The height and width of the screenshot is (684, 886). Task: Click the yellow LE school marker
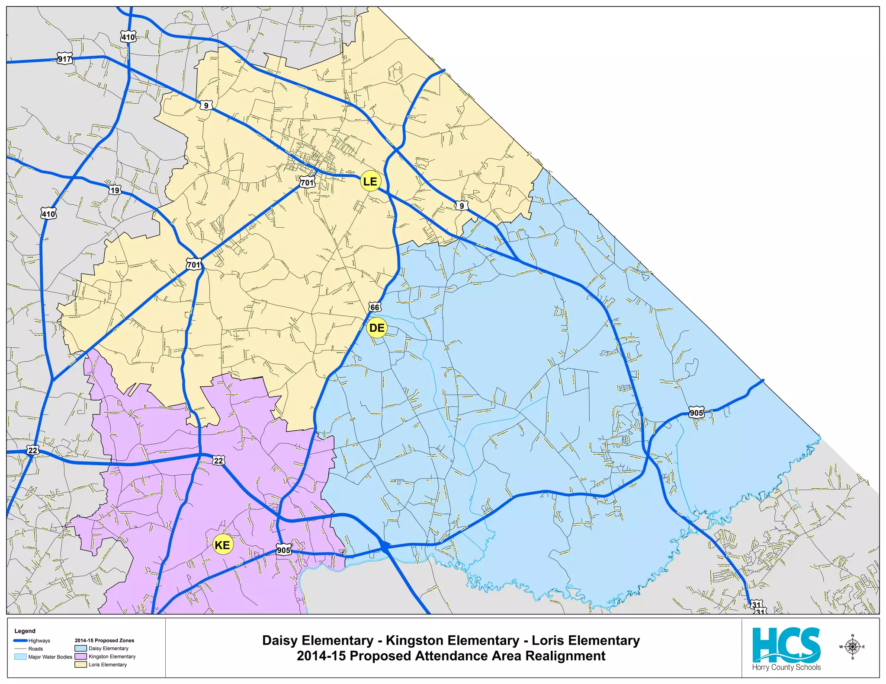coord(370,181)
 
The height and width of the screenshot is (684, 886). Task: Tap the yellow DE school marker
coord(376,328)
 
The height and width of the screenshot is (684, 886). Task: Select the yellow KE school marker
coord(223,545)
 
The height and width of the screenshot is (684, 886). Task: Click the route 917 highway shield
coord(64,59)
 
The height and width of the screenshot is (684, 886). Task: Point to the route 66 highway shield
coord(375,307)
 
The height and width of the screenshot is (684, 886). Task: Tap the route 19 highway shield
coord(115,190)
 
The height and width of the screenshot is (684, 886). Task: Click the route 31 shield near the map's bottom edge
coord(756,604)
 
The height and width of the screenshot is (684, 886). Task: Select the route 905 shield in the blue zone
coord(696,413)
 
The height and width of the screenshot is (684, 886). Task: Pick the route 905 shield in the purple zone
coord(283,550)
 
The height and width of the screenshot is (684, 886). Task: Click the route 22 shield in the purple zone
coord(218,461)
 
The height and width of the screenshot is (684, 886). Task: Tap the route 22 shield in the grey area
coord(33,450)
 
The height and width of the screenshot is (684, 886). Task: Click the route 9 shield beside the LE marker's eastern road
coord(462,206)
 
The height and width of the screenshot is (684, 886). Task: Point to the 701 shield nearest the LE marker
coord(307,182)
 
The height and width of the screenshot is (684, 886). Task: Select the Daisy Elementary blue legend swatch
coord(81,648)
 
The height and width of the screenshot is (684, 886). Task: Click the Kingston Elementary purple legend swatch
coord(81,656)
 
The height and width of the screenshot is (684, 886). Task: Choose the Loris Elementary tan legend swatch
coord(81,665)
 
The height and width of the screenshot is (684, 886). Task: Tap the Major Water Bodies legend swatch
coord(20,657)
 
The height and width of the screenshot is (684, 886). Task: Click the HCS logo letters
coord(786,645)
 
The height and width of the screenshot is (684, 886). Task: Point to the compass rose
coord(852,647)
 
